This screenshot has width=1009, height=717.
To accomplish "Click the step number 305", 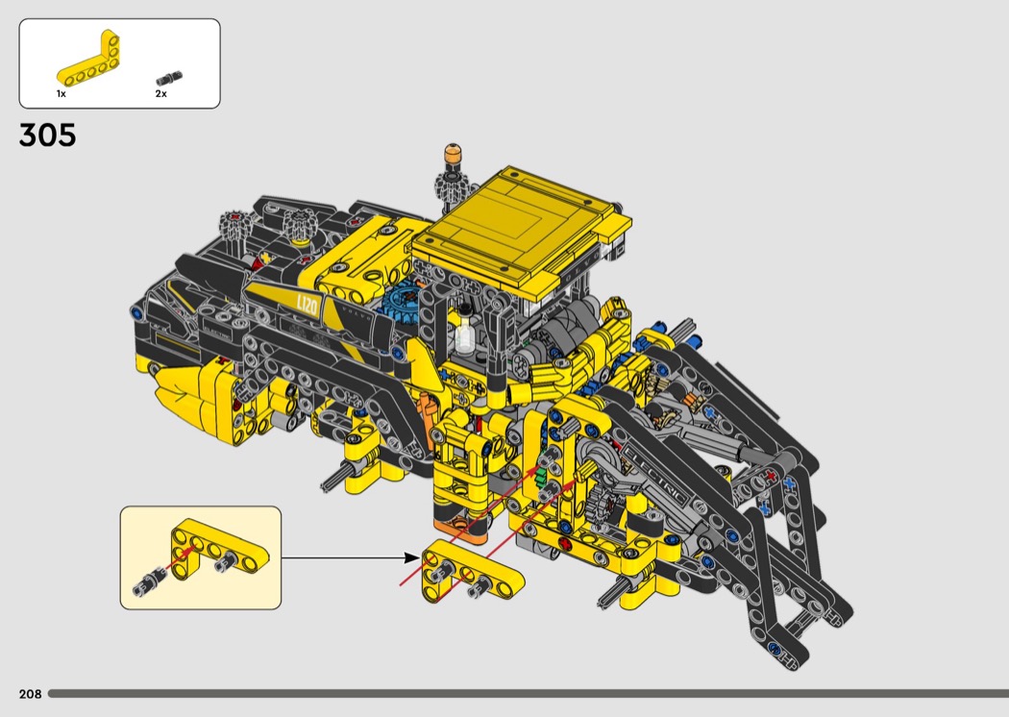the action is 48,136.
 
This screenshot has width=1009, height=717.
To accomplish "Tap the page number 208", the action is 30,694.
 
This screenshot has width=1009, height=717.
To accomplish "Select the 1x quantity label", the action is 62,94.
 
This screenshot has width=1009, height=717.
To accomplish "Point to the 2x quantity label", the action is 160,94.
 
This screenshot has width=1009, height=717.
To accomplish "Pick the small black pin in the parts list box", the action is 169,78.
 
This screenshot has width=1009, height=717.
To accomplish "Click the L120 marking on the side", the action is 307,305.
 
